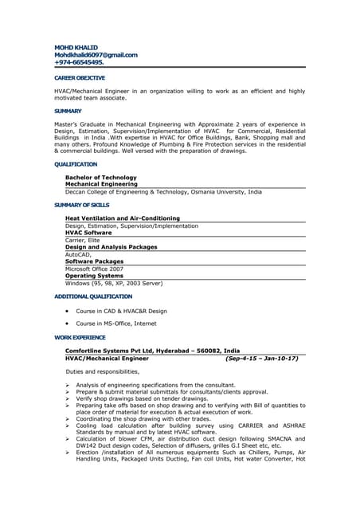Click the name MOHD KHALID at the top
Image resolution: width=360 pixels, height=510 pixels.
pos(76,47)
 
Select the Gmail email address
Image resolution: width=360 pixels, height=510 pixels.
pos(96,54)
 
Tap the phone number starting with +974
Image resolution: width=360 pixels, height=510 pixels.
pos(79,61)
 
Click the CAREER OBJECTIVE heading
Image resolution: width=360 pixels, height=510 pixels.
pos(79,79)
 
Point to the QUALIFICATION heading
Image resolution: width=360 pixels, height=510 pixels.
pos(76,164)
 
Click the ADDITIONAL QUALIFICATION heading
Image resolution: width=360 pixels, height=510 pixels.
pos(93,296)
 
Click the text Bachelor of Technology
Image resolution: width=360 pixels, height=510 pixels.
pos(100,178)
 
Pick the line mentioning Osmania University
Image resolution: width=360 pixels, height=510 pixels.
pos(163,192)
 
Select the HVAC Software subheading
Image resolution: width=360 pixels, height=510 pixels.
pos(88,233)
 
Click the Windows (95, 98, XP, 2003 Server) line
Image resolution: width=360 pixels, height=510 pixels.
pos(114,283)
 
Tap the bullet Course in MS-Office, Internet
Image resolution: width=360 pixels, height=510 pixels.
pos(116,324)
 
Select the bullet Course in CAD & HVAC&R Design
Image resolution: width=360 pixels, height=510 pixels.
pos(121,311)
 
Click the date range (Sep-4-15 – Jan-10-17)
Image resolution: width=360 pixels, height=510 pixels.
pos(262,359)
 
